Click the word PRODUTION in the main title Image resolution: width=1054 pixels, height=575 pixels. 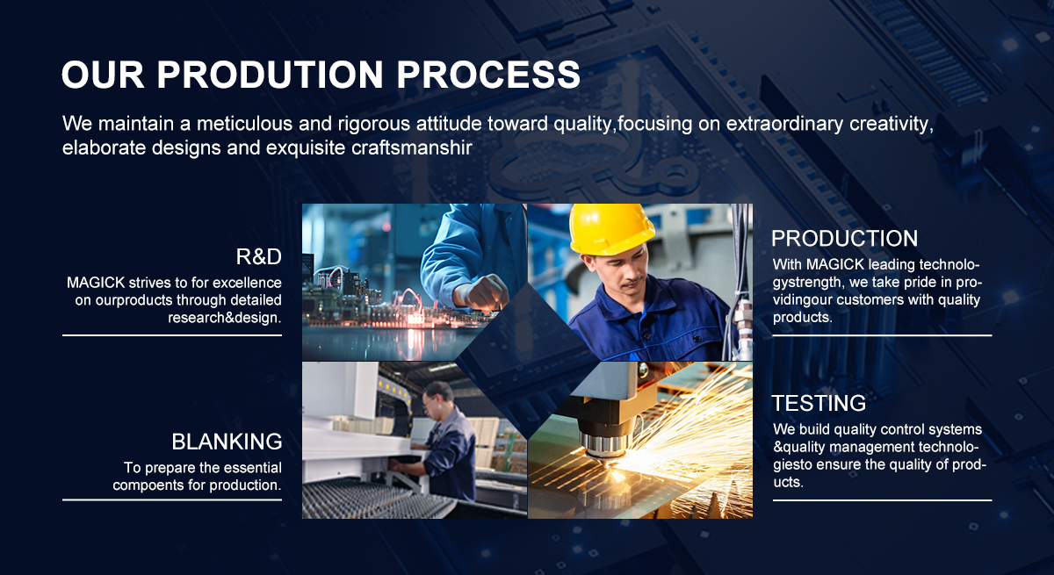(271, 75)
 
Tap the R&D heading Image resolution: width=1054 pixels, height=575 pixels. (259, 256)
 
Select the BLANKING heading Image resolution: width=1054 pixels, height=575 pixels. (227, 442)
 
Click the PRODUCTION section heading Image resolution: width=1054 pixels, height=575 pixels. (845, 239)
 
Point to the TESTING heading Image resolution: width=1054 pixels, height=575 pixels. (819, 403)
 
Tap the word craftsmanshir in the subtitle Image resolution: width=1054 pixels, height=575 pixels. (412, 147)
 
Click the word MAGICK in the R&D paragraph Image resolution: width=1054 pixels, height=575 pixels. (96, 283)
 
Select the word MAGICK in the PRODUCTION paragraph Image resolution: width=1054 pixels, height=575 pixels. (835, 264)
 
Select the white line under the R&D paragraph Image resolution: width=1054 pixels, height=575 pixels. (172, 335)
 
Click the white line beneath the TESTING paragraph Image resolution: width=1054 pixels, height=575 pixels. (882, 500)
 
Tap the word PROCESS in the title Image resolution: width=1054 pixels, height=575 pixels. (488, 75)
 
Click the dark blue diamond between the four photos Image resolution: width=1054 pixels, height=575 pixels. (528, 361)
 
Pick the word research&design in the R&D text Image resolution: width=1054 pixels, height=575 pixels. (225, 318)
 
